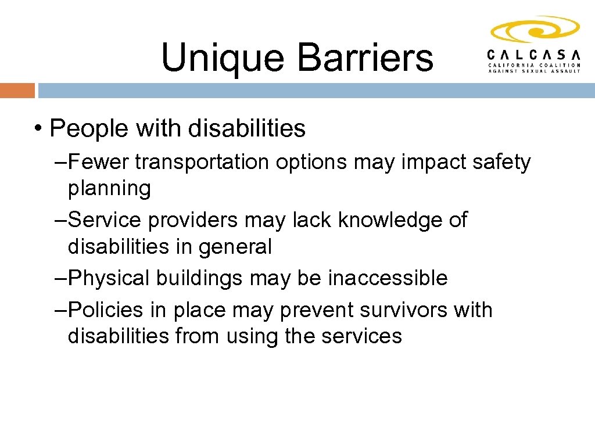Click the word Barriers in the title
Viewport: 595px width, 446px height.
pyautogui.click(x=365, y=58)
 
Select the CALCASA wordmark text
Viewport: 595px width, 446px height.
pyautogui.click(x=533, y=55)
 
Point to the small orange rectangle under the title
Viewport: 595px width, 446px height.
pyautogui.click(x=17, y=91)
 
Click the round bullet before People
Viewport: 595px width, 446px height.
pyautogui.click(x=38, y=129)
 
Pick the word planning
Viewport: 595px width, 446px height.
pyautogui.click(x=109, y=189)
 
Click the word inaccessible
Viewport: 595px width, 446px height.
pyautogui.click(x=388, y=278)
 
